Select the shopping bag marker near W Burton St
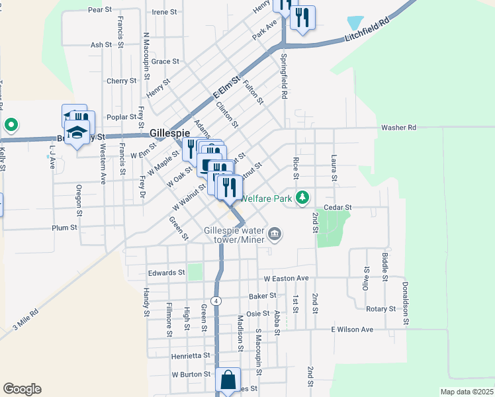[x=228, y=380]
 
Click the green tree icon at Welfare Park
[x=302, y=197]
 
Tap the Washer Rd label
[x=398, y=127]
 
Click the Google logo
[x=22, y=388]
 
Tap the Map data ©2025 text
[x=467, y=392]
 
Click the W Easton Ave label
[x=286, y=279]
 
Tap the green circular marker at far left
[x=10, y=124]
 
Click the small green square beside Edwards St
[x=194, y=271]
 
